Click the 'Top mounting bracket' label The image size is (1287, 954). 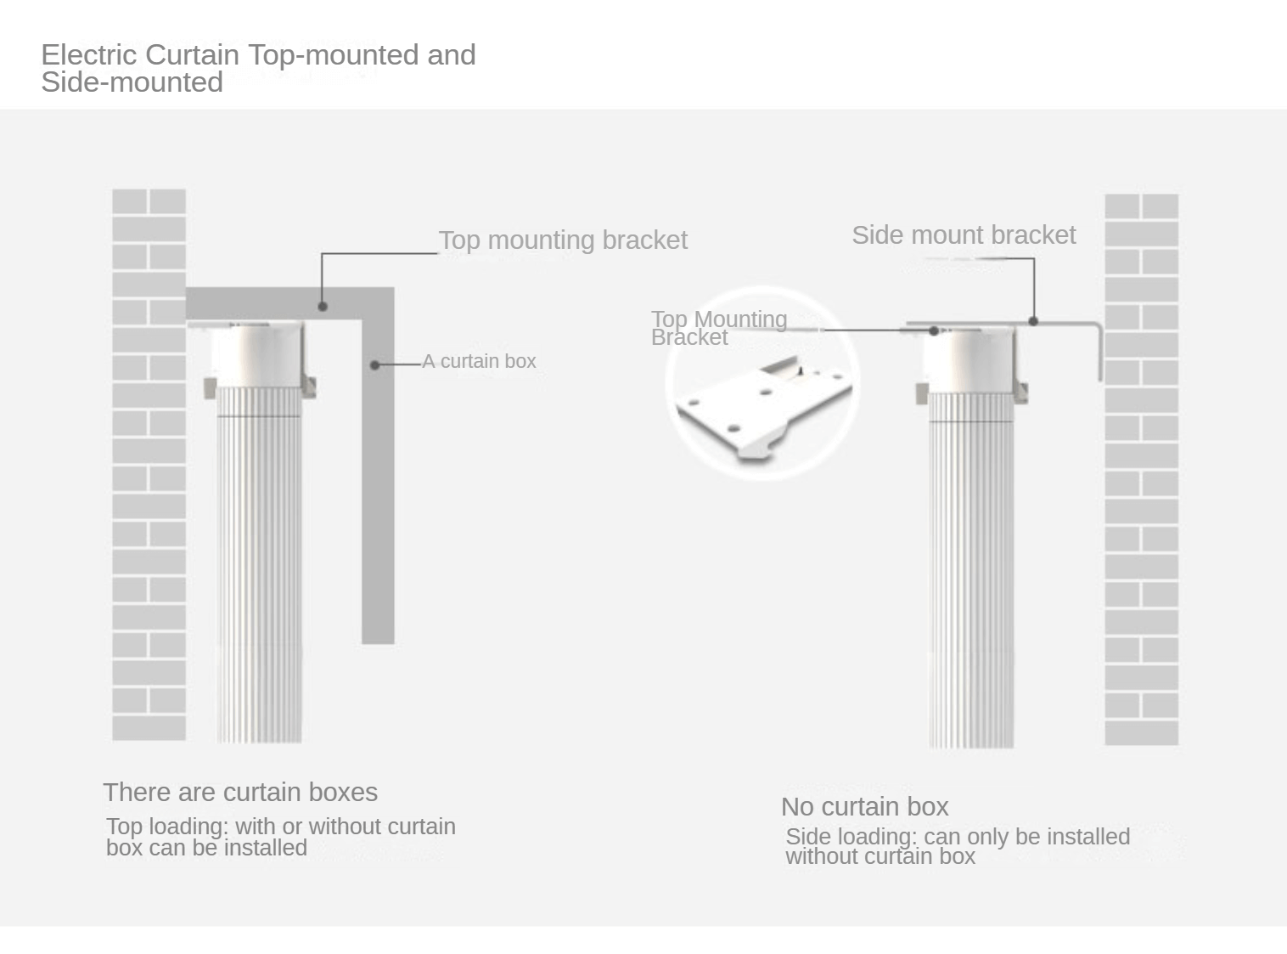(562, 240)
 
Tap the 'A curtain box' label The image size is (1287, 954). (479, 361)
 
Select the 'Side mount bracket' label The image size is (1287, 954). (964, 235)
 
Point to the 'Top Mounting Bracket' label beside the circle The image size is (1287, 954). (718, 328)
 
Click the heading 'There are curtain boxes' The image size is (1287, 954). (240, 793)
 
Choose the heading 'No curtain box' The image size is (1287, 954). (864, 807)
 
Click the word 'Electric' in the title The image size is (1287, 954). (89, 55)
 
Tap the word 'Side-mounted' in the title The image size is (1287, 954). (132, 83)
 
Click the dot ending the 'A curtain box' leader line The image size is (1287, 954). (374, 365)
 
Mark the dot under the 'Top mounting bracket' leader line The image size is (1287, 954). (322, 306)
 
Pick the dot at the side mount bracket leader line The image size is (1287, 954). (1033, 321)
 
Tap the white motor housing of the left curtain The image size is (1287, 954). (256, 353)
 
